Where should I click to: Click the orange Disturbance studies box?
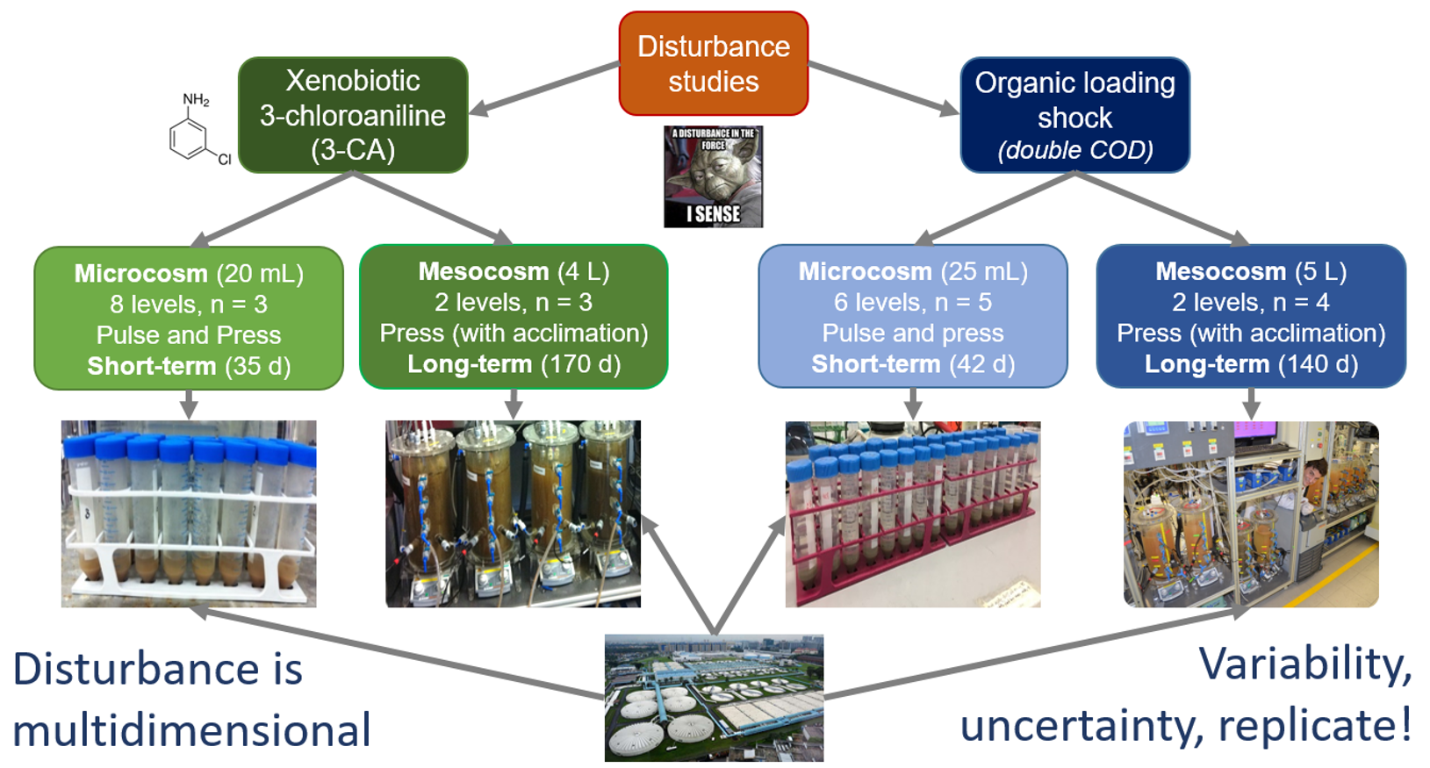tap(713, 63)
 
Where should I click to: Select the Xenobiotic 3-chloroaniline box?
tap(353, 115)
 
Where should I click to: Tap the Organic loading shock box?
tap(1074, 115)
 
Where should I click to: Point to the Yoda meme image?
tap(713, 176)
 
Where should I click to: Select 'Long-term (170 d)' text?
tap(514, 364)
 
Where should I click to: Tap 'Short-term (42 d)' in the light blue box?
tap(912, 364)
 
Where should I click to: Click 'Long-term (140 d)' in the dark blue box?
tap(1251, 364)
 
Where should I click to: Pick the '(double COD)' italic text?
tap(1074, 150)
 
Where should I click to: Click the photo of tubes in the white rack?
tap(189, 513)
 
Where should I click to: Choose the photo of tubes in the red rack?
tap(912, 513)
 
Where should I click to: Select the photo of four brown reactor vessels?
tap(513, 513)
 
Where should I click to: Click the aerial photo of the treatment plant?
tap(714, 698)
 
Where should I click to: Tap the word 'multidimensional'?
tap(191, 730)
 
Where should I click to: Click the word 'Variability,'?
tap(1304, 664)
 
